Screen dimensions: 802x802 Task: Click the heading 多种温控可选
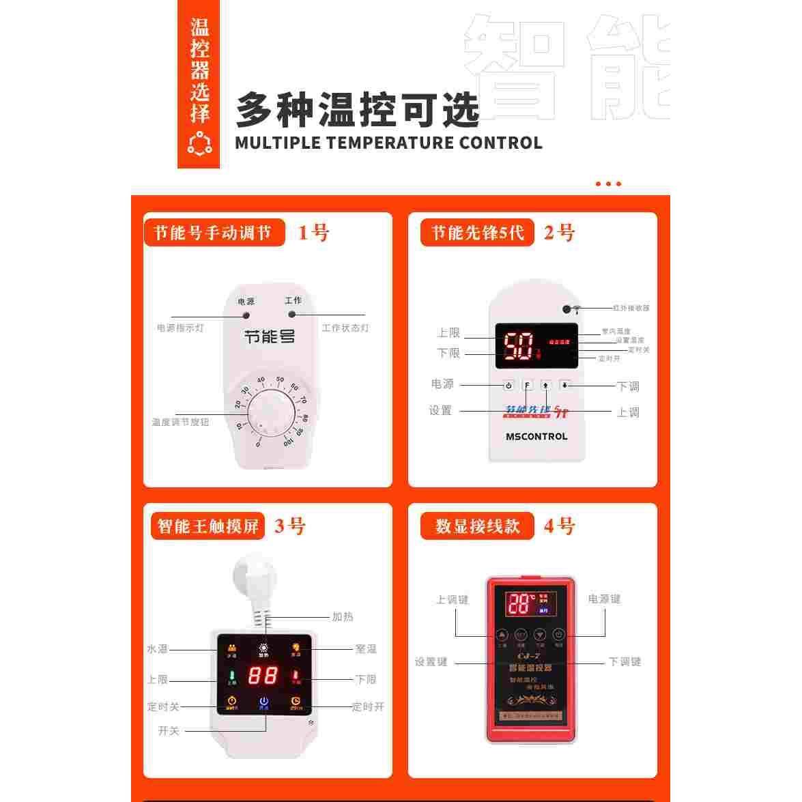(x=358, y=109)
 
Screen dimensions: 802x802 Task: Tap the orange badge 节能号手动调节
(x=212, y=233)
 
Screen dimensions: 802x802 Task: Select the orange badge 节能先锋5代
(x=477, y=233)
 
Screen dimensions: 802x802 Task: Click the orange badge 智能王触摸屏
(x=207, y=526)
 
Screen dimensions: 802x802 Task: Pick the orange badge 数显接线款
(x=477, y=526)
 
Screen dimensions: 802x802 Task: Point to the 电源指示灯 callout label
(x=180, y=328)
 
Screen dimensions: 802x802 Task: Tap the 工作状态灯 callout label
(x=345, y=328)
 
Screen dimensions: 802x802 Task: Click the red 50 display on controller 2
(x=518, y=346)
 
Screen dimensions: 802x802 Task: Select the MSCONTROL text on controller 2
(x=536, y=436)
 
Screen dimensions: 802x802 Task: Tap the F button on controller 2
(x=527, y=386)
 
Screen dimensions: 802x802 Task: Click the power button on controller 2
(x=509, y=386)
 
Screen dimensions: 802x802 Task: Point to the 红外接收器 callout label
(x=631, y=309)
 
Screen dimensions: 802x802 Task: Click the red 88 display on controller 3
(x=263, y=676)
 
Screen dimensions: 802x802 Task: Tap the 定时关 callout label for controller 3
(x=163, y=707)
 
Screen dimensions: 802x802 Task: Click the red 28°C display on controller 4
(x=521, y=604)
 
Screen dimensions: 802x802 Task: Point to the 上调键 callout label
(x=453, y=600)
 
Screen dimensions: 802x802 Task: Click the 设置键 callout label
(x=431, y=661)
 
